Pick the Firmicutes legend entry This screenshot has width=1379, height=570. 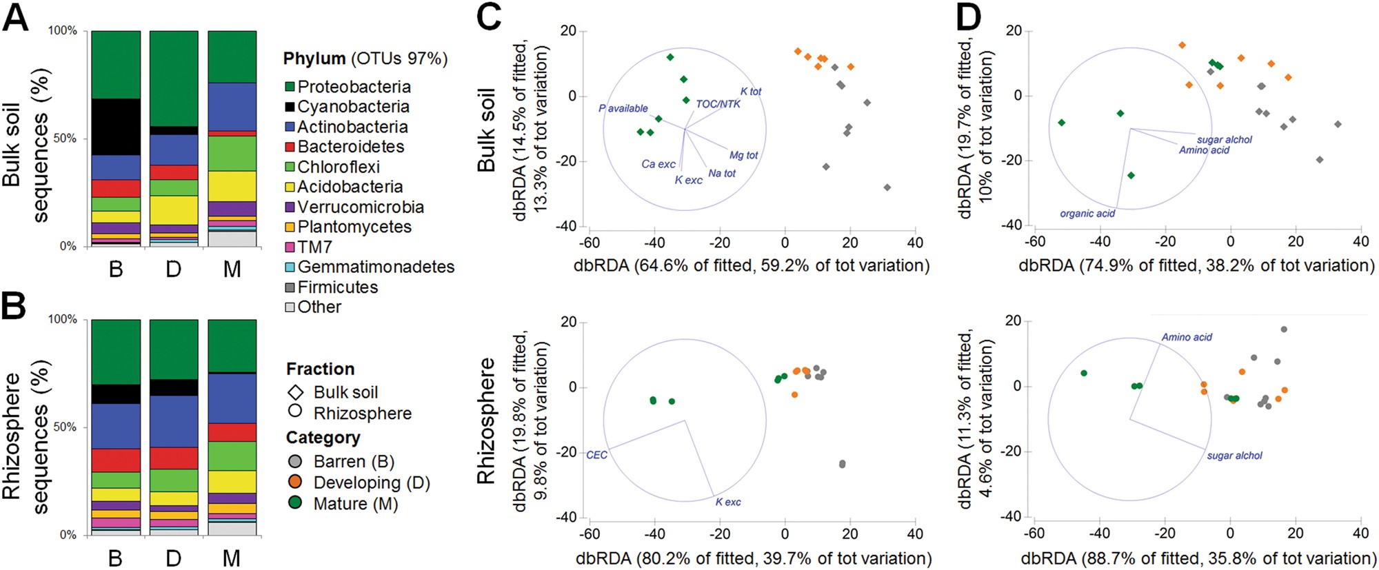point(337,287)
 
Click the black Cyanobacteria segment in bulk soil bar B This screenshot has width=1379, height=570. point(116,127)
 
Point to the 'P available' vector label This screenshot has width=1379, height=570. point(623,108)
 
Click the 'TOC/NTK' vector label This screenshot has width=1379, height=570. point(718,104)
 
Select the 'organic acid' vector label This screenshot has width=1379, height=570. point(1087,214)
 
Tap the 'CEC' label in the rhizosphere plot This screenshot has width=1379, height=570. point(596,455)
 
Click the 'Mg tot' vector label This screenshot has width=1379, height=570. point(743,156)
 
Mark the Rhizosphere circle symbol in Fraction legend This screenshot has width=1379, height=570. point(295,411)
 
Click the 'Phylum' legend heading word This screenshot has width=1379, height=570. point(314,59)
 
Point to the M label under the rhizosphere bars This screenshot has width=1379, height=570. point(232,558)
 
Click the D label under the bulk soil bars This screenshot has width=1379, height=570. point(173,269)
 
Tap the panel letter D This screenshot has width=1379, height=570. point(969,18)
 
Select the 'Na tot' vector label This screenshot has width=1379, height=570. point(721,174)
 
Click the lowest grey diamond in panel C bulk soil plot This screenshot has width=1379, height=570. point(887,187)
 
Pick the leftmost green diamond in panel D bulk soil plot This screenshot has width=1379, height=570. point(1061,123)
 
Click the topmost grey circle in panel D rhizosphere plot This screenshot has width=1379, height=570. point(1283,329)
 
